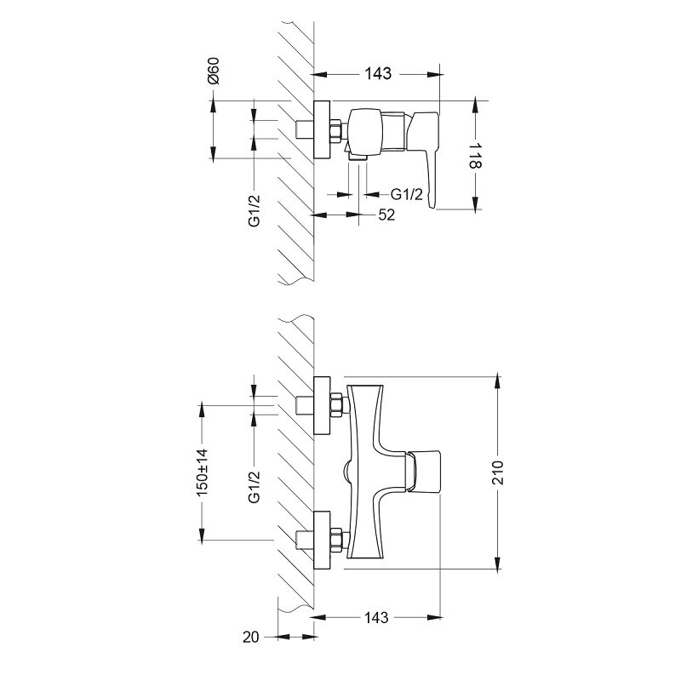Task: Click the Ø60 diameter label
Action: (x=214, y=71)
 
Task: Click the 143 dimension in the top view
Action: (x=378, y=74)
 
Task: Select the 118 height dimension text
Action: (x=475, y=156)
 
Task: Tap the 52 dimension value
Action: (x=386, y=215)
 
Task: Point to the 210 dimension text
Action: (x=498, y=472)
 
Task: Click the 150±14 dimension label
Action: (x=203, y=473)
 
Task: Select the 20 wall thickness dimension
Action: (x=250, y=637)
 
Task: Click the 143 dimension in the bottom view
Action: (x=376, y=618)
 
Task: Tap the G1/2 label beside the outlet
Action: (x=407, y=194)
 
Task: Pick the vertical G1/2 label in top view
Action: (x=255, y=210)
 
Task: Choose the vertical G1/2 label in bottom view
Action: (x=255, y=487)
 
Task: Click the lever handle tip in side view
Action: (x=432, y=204)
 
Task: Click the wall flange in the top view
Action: (x=322, y=130)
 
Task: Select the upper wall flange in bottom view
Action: (x=322, y=406)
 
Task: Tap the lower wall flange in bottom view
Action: (x=322, y=541)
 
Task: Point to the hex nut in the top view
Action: (x=336, y=131)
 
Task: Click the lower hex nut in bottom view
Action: (x=336, y=541)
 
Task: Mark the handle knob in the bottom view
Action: (x=423, y=472)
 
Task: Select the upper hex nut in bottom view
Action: (x=336, y=405)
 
